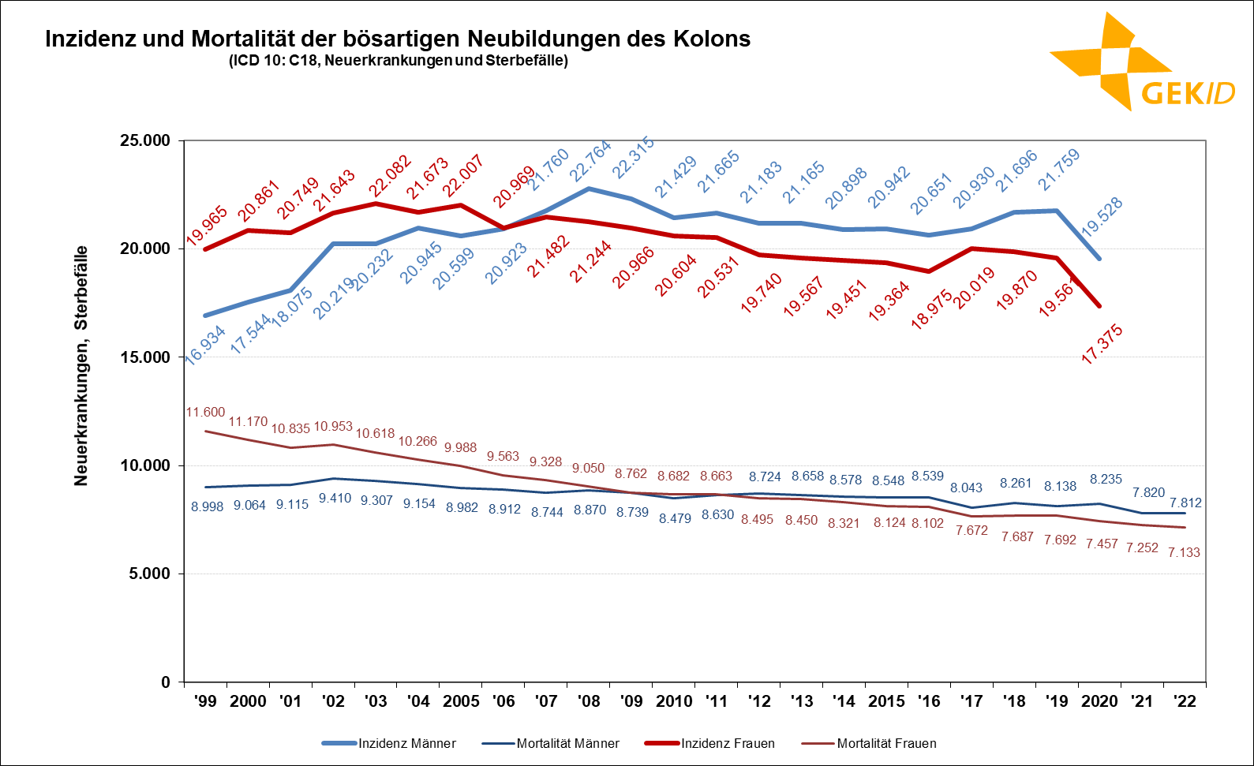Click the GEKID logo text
[x=1188, y=93]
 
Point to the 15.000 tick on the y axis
[x=145, y=357]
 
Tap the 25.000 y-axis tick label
[x=145, y=140]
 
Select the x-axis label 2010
[x=675, y=701]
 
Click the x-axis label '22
[x=1185, y=701]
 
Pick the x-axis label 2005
[x=462, y=701]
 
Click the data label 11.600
[x=205, y=412]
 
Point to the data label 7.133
[x=1184, y=552]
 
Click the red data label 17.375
[x=1102, y=344]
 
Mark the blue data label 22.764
[x=590, y=161]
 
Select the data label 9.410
[x=334, y=498]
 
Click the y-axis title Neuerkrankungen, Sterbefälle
[x=80, y=365]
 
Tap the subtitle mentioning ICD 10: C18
[x=399, y=61]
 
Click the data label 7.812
[x=1185, y=503]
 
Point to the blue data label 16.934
[x=205, y=345]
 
